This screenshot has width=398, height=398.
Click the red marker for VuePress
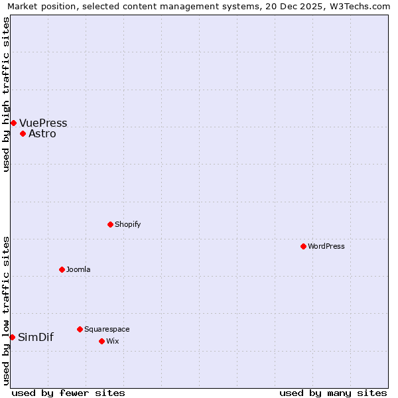click(13, 123)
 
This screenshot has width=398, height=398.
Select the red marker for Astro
click(23, 133)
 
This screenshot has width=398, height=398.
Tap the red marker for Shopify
click(110, 224)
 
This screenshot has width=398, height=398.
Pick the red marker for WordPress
click(303, 246)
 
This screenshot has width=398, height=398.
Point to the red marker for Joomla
click(62, 269)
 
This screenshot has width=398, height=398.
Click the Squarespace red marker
click(80, 329)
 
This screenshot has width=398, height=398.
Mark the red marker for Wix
click(101, 341)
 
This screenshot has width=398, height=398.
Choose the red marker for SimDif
click(12, 337)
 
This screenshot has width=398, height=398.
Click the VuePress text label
click(43, 123)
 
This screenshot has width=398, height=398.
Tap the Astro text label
click(42, 133)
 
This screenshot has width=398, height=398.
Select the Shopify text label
click(127, 224)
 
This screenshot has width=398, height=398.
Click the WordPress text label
click(326, 246)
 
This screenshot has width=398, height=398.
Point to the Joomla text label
click(78, 269)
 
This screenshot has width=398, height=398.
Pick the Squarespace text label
click(107, 329)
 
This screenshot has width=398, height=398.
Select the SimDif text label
click(36, 337)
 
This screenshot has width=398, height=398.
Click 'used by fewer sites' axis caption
click(68, 393)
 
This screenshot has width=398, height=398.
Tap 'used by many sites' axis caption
click(333, 393)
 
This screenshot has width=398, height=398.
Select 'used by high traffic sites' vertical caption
click(6, 94)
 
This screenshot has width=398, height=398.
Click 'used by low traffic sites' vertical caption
click(6, 310)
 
